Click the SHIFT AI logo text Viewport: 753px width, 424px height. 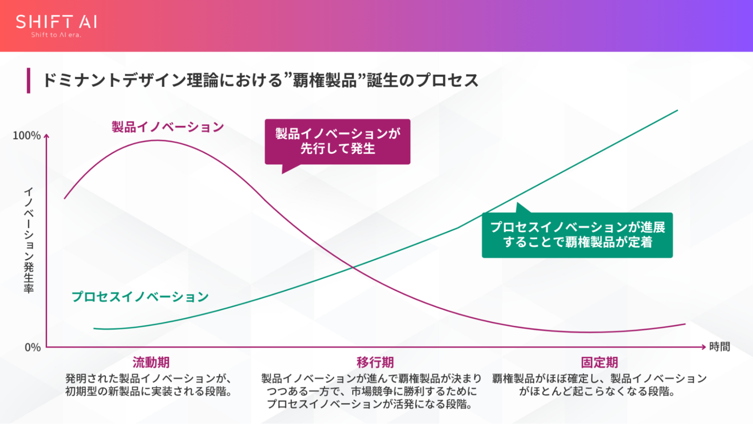[56, 22]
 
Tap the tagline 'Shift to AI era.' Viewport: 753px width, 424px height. [56, 35]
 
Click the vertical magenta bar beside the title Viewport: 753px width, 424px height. [28, 80]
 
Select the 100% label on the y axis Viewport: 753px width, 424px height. [26, 136]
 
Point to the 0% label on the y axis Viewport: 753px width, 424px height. [33, 348]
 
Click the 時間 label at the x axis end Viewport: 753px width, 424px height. [720, 347]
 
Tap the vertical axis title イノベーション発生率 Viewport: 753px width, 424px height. [29, 240]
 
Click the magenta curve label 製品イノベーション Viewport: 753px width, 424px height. [167, 127]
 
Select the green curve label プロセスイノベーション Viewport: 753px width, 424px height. [140, 297]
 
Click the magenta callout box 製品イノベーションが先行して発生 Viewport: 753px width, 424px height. [337, 142]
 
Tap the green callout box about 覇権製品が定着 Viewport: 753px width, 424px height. [577, 235]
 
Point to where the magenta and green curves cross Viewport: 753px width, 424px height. [353, 268]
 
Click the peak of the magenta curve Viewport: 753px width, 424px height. [157, 140]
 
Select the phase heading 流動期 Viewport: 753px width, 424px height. [151, 362]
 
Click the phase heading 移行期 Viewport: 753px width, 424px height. [375, 362]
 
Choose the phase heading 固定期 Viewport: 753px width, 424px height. [599, 362]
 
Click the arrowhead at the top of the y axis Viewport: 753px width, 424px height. [46, 136]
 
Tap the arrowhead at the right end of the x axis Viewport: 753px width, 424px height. [704, 347]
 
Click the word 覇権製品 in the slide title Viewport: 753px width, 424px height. [324, 80]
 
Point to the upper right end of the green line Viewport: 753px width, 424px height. [677, 111]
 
